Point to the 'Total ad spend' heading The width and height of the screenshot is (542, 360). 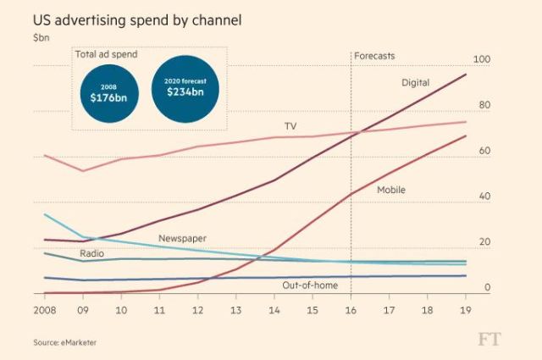(106, 55)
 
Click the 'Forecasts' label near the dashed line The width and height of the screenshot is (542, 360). (374, 56)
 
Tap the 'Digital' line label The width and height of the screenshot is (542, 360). (415, 82)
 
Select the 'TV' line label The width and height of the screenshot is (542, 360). (290, 126)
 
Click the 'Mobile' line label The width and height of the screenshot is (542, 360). (390, 190)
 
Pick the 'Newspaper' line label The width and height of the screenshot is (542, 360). (182, 239)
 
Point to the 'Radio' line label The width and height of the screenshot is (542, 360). (92, 253)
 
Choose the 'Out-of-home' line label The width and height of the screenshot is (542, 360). (309, 285)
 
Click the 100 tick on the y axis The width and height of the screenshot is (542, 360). (481, 59)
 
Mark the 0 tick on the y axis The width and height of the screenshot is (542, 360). (487, 288)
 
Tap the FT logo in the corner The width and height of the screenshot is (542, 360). (489, 339)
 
